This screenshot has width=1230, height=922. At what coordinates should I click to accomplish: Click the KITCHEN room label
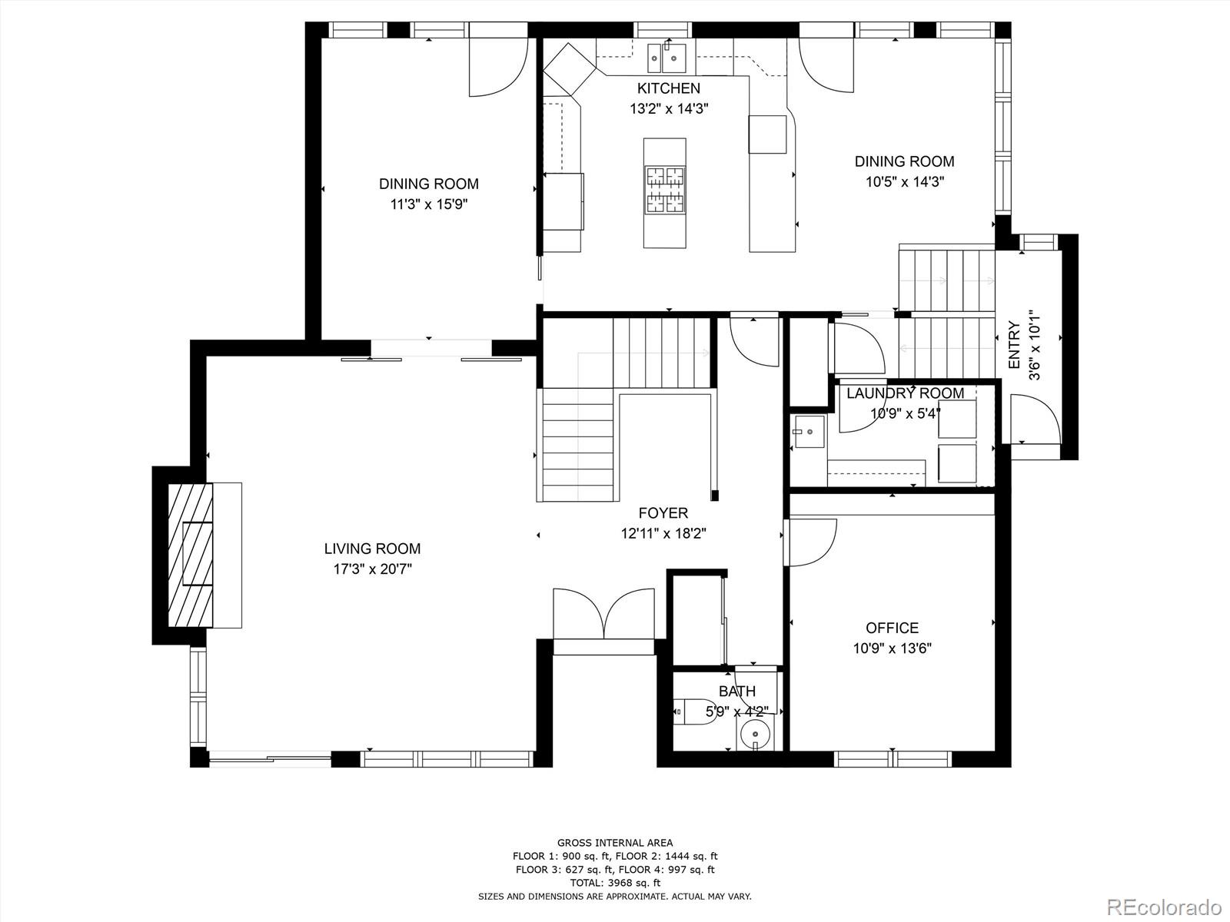(668, 88)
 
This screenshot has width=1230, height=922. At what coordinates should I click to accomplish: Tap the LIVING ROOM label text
(372, 549)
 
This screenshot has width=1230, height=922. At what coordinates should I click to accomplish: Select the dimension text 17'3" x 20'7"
(372, 569)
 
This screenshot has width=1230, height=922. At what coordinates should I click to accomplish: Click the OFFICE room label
(892, 628)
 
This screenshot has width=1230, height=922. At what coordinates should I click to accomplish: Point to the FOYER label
(663, 513)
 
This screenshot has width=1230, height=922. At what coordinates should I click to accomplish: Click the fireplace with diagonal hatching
(189, 555)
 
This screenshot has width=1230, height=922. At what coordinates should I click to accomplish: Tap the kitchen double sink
(666, 56)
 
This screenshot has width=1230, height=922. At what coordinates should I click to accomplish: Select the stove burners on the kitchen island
(665, 190)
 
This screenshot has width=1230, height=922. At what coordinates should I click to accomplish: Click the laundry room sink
(809, 433)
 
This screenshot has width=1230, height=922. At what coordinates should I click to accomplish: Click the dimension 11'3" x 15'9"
(428, 204)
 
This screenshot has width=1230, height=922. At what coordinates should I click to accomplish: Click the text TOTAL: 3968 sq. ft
(615, 883)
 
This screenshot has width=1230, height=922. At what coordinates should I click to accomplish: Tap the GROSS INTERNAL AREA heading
(615, 843)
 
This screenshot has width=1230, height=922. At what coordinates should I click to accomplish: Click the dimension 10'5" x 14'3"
(904, 182)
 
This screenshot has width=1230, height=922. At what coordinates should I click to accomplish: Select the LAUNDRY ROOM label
(905, 393)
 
